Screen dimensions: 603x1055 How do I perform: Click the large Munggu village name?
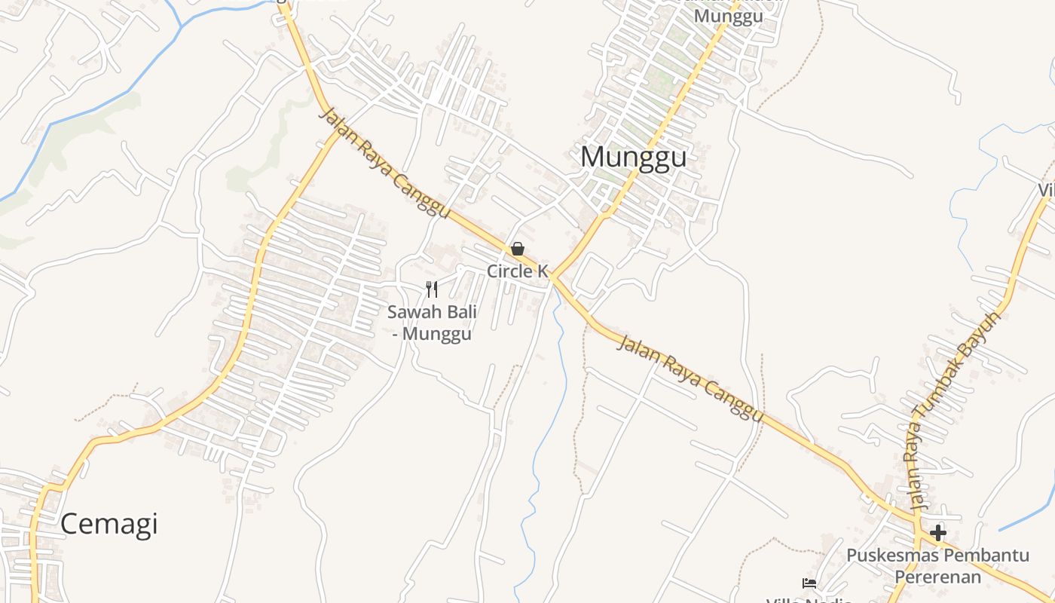tap(633, 157)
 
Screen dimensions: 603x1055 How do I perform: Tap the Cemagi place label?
tap(109, 523)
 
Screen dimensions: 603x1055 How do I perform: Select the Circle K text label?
tap(517, 271)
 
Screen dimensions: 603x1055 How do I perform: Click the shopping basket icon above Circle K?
tap(518, 248)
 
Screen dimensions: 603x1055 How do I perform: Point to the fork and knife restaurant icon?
tap(432, 289)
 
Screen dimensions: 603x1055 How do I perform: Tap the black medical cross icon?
tap(937, 533)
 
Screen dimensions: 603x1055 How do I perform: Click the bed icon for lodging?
tap(809, 583)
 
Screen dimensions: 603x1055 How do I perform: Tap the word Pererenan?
tap(938, 577)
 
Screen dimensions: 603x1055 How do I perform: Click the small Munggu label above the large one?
tap(729, 16)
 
